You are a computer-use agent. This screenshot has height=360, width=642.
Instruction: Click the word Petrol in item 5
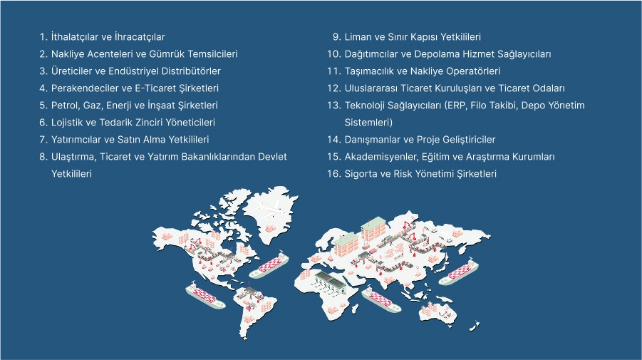pyautogui.click(x=64, y=106)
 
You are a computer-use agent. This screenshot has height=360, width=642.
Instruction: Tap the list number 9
pyautogui.click(x=337, y=36)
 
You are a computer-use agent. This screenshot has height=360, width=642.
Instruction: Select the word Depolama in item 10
pyautogui.click(x=440, y=53)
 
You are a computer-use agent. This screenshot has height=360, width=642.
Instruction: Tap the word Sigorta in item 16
pyautogui.click(x=362, y=174)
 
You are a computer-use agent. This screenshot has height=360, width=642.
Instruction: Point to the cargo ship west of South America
pyautogui.click(x=204, y=295)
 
